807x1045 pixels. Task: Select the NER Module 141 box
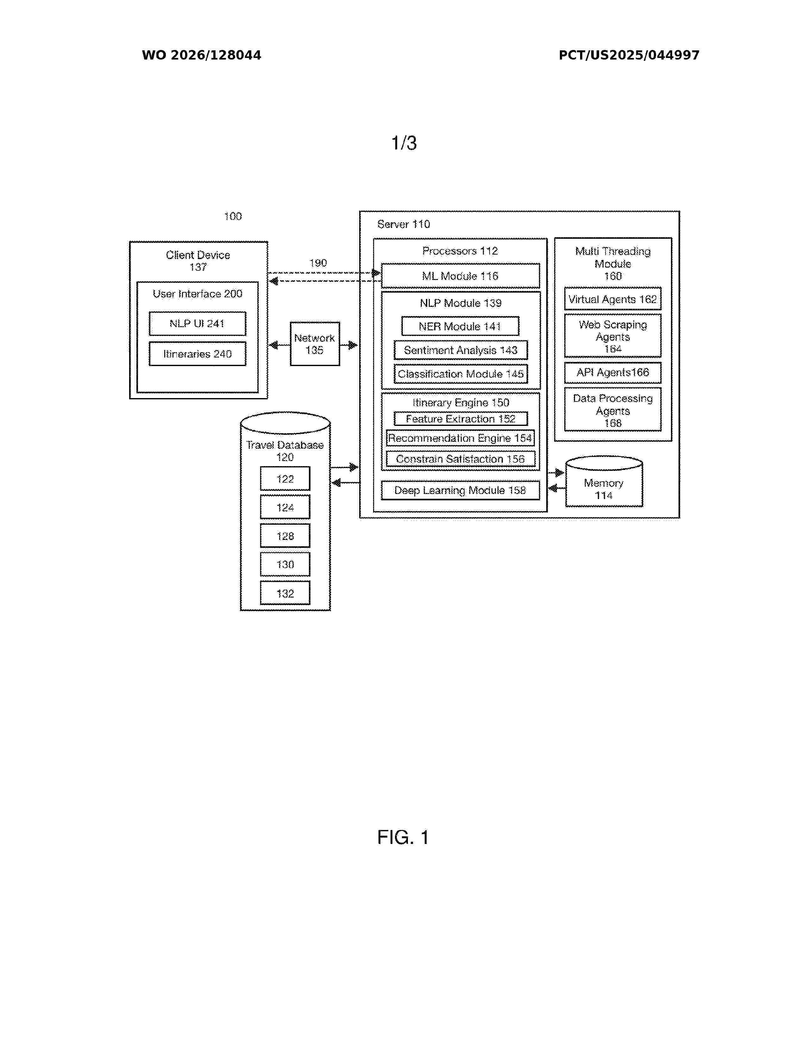click(x=460, y=326)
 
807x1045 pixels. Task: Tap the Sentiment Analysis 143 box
click(x=461, y=350)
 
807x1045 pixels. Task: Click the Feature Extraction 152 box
click(x=461, y=419)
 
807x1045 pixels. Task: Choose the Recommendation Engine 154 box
click(x=460, y=438)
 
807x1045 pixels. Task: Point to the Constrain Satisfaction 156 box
click(x=460, y=459)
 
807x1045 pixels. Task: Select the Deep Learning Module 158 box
click(x=460, y=491)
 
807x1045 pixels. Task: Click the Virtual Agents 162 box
click(x=613, y=299)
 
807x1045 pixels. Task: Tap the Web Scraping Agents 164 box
click(x=613, y=336)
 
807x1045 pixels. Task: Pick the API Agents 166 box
click(x=613, y=373)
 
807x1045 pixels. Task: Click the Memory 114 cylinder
click(x=604, y=482)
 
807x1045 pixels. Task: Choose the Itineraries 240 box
click(x=197, y=354)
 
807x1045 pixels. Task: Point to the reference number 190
click(x=318, y=263)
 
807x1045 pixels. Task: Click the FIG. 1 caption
click(x=403, y=837)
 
